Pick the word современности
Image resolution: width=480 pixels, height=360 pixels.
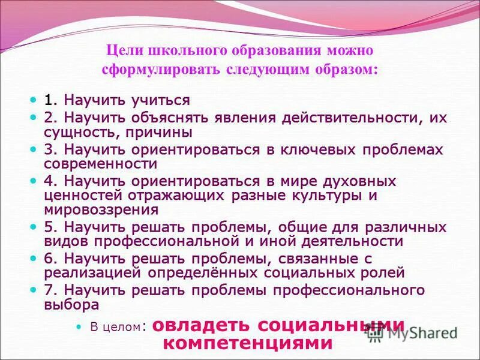[101, 164]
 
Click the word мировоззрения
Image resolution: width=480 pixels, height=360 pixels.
[101, 210]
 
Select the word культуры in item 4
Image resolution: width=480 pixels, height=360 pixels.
[329, 196]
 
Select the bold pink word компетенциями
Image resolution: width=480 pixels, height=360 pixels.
[248, 343]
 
